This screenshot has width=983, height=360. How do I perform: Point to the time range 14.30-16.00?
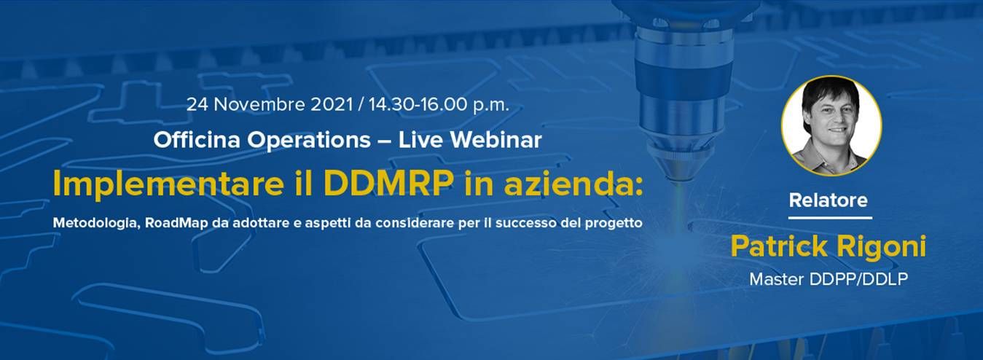[x=418, y=105]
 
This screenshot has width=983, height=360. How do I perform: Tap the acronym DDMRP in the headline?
[x=388, y=183]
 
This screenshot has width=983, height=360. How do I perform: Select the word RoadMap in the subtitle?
[x=176, y=222]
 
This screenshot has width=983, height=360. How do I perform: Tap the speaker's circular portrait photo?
[x=831, y=127]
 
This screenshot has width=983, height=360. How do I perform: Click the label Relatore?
[x=828, y=200]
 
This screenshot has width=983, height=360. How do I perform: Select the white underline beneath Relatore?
[x=830, y=217]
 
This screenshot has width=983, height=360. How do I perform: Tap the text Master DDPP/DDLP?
[x=829, y=279]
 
